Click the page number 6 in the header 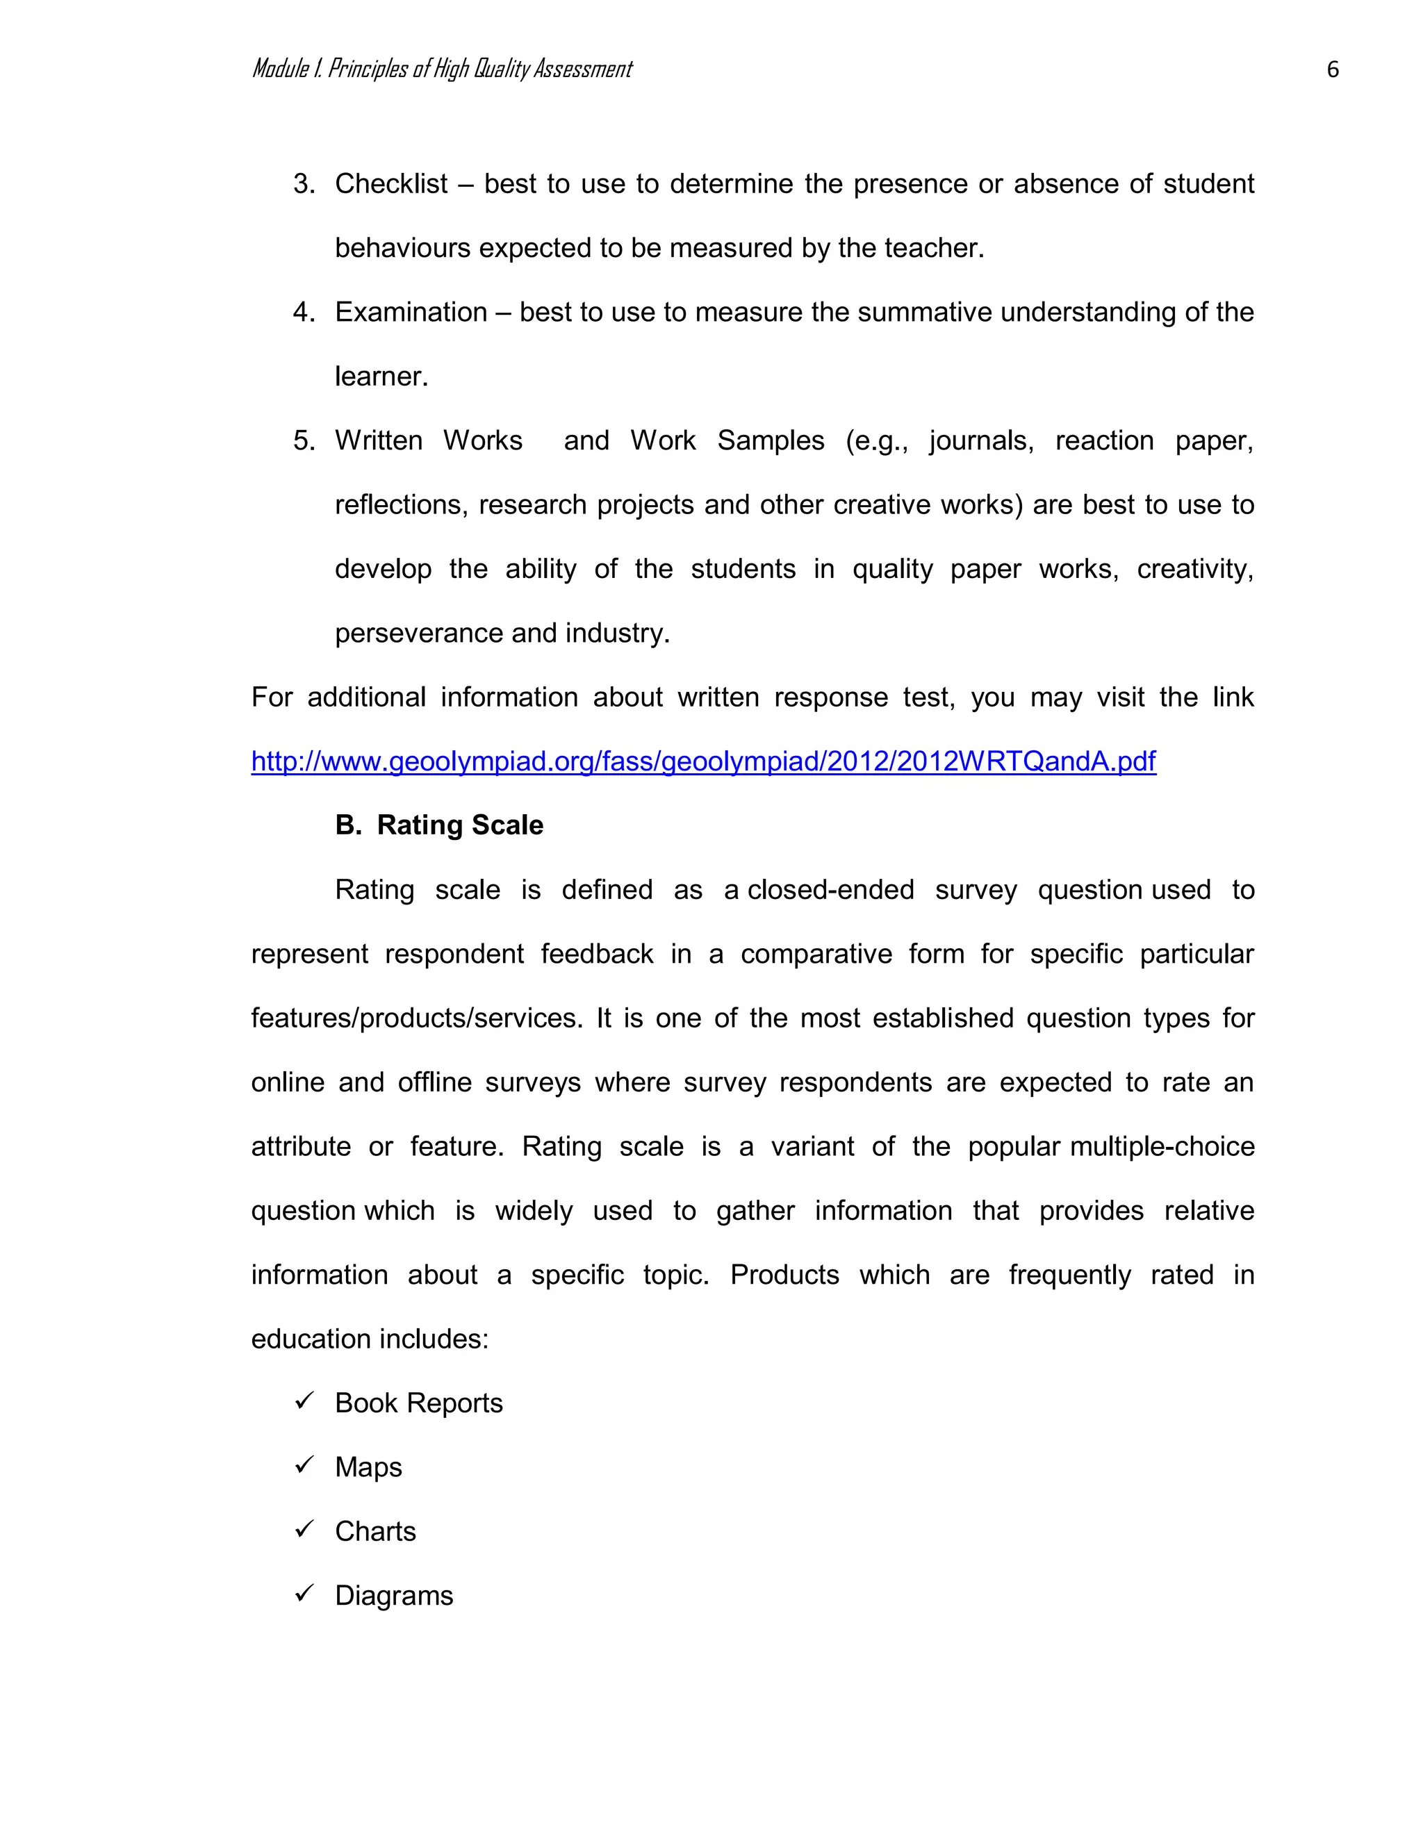1332,69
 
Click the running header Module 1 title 442,69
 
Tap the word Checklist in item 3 391,184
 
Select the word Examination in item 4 411,312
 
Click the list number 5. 304,440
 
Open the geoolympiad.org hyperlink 703,761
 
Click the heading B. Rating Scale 439,825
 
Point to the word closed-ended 830,889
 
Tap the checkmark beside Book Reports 304,1401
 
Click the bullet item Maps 368,1467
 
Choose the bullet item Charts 375,1530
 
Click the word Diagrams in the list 394,1595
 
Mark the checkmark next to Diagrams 304,1593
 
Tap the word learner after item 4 381,376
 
